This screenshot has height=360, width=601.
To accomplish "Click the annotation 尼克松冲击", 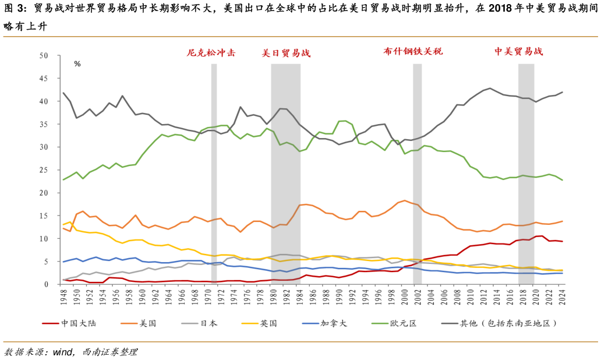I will tap(211, 52).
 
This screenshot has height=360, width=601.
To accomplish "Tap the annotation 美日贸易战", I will tap(285, 53).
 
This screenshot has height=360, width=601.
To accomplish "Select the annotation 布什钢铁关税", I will tap(413, 51).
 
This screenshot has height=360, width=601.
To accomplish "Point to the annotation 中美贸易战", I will tap(518, 51).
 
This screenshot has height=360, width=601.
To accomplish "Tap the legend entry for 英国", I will tap(268, 323).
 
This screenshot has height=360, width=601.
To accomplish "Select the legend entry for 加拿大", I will tap(334, 323).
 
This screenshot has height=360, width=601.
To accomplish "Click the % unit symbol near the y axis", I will tap(77, 64).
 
